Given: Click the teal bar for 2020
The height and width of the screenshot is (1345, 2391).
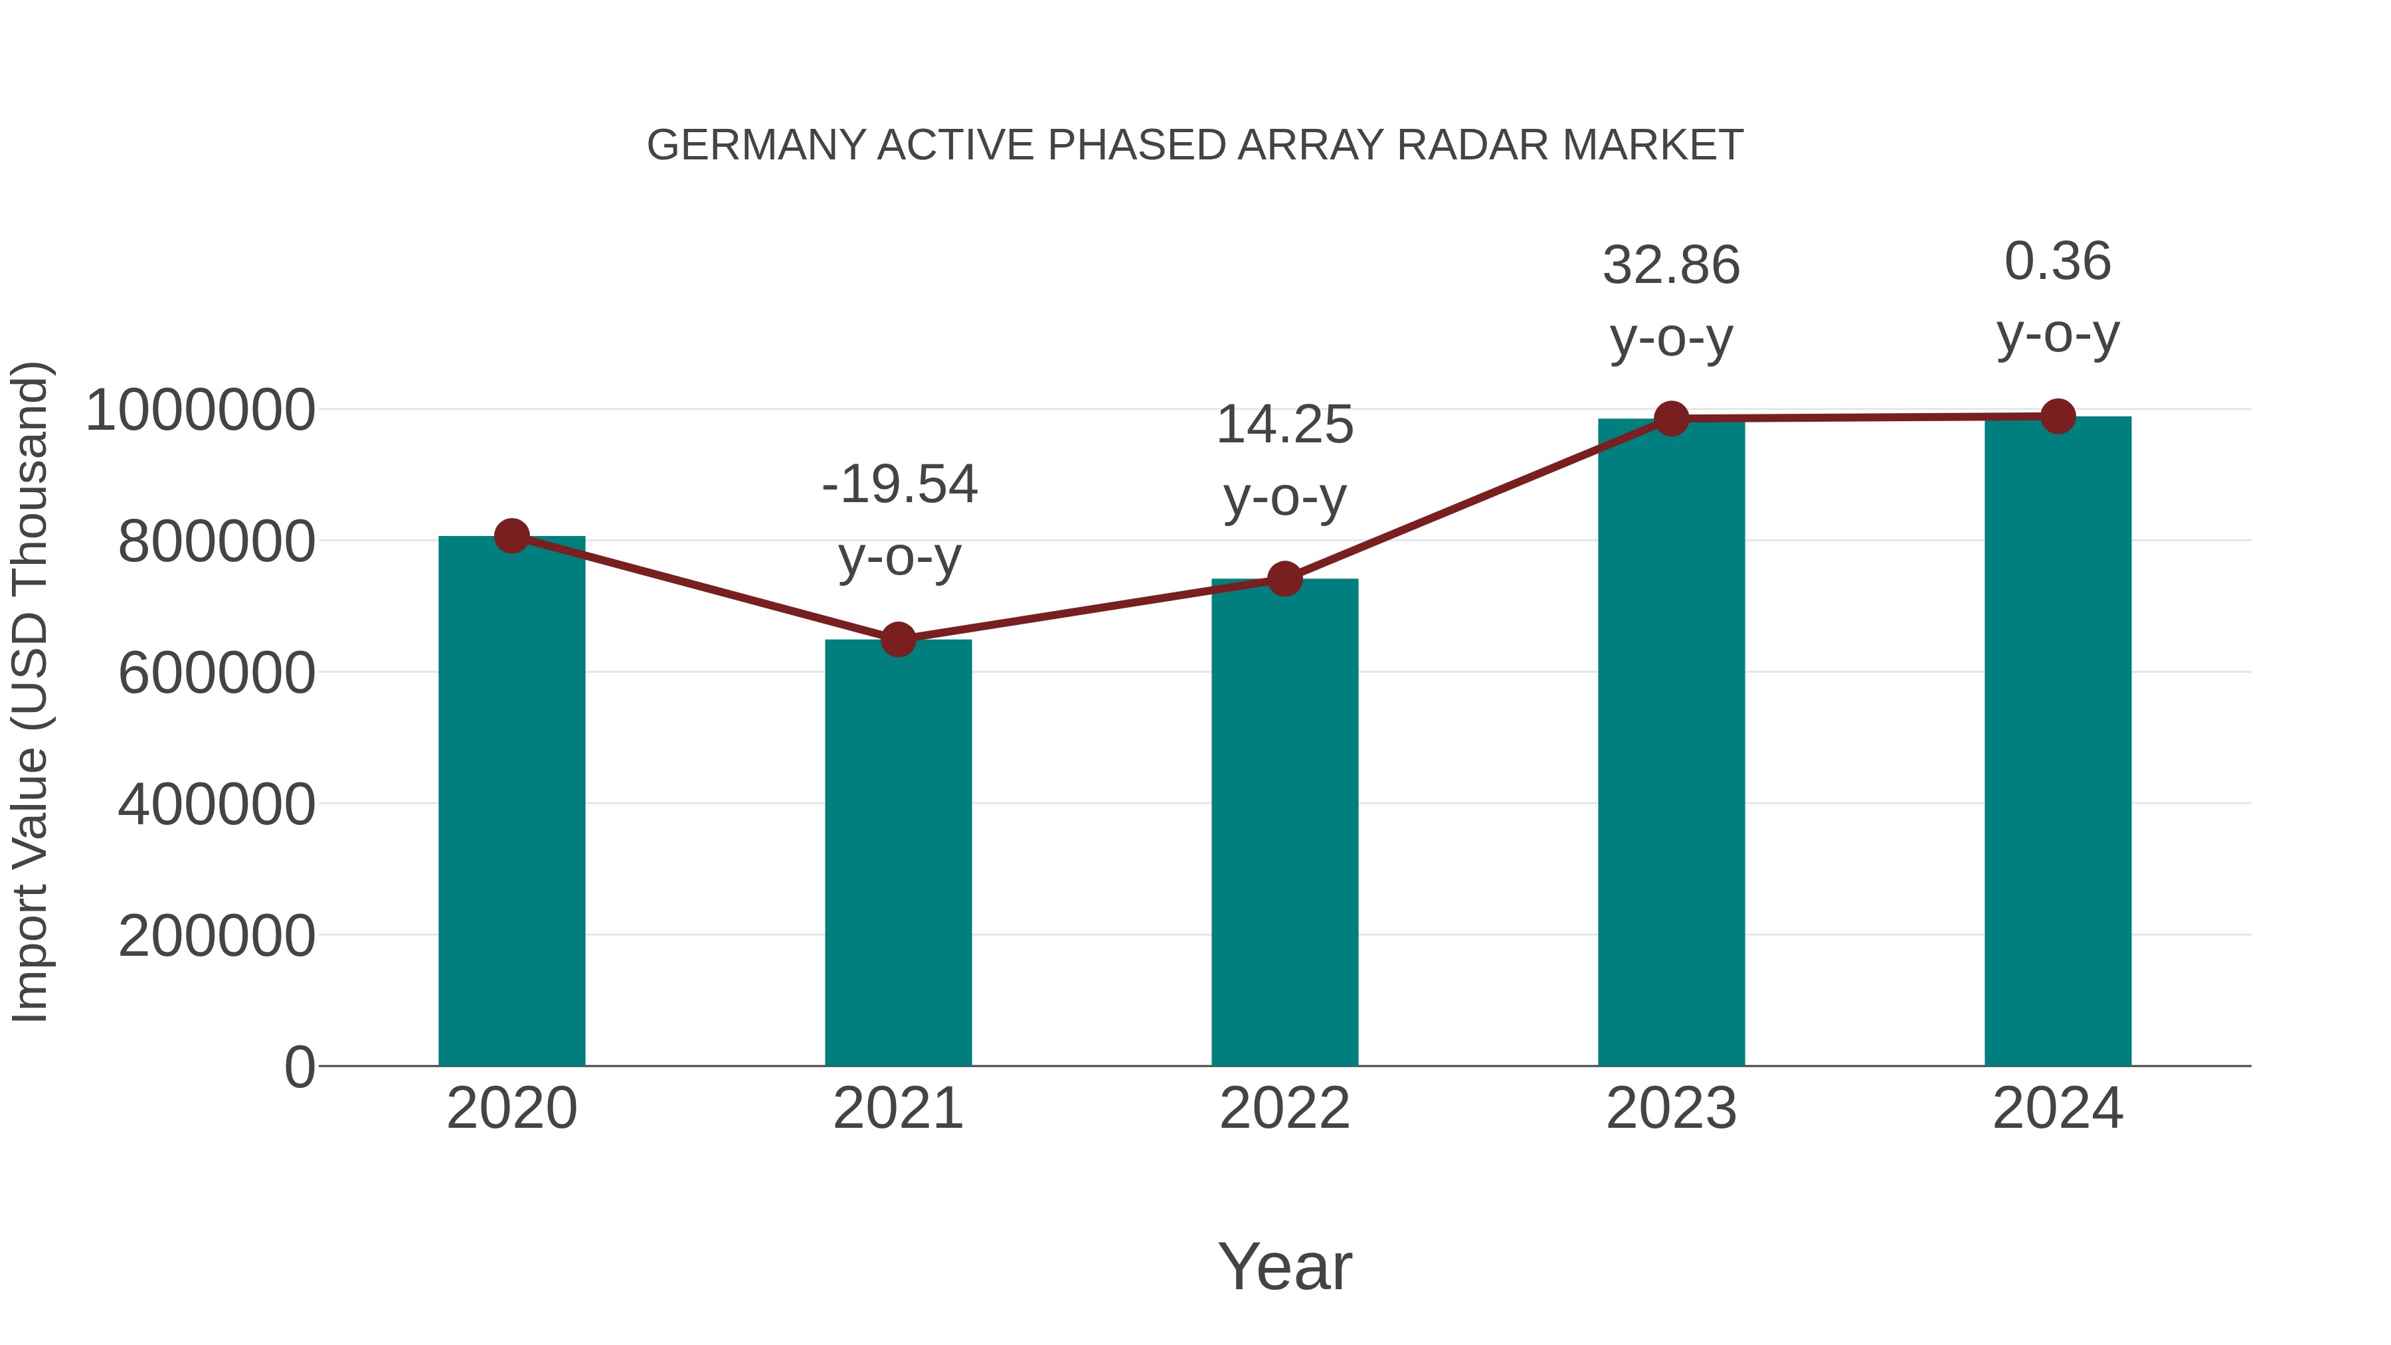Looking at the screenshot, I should [x=511, y=803].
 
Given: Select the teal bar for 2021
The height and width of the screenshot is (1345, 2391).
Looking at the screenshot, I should [x=897, y=854].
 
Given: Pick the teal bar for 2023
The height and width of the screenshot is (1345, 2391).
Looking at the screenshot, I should [x=1671, y=743].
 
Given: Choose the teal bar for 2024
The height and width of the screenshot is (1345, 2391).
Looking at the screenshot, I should [x=2058, y=743].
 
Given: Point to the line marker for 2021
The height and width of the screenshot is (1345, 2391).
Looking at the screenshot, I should [x=897, y=640].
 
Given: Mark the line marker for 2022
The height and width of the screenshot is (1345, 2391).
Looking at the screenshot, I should [x=1284, y=579].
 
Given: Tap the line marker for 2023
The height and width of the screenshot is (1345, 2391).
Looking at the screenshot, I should [x=1671, y=418].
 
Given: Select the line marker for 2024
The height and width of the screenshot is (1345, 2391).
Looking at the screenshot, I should [x=2058, y=416].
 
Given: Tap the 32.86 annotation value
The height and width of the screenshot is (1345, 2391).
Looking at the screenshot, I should [x=1671, y=266].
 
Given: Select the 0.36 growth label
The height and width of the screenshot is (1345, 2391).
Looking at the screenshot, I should [x=2058, y=262].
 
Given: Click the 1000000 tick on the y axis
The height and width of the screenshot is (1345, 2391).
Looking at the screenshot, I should [x=199, y=410].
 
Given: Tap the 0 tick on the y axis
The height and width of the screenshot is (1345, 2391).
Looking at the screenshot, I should [x=299, y=1067].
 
